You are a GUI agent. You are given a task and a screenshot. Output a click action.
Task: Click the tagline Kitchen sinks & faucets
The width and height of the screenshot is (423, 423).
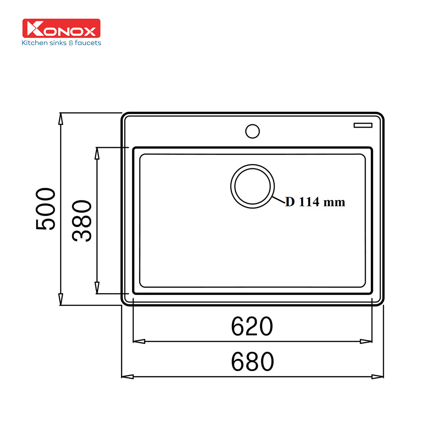pyautogui.click(x=61, y=43)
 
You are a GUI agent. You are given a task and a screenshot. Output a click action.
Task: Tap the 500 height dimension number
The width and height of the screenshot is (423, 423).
pyautogui.click(x=46, y=209)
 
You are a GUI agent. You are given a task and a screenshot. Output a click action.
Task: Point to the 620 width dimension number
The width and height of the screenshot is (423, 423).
pyautogui.click(x=252, y=326)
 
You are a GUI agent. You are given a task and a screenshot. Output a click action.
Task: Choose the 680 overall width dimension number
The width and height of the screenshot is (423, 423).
pyautogui.click(x=252, y=362)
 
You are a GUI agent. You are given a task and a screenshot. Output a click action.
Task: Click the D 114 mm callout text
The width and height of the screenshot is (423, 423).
pyautogui.click(x=315, y=202)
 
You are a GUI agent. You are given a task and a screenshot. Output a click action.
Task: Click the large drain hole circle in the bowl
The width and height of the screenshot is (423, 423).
pyautogui.click(x=252, y=186)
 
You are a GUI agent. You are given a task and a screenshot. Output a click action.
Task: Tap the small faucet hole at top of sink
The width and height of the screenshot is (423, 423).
pyautogui.click(x=252, y=131)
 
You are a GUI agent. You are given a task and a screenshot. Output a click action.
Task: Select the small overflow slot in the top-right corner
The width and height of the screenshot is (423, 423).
pyautogui.click(x=363, y=125)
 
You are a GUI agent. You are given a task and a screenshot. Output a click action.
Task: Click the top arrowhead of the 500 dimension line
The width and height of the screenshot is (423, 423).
pyautogui.click(x=61, y=119)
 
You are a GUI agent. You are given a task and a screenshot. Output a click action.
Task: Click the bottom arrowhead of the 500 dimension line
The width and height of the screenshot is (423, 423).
pyautogui.click(x=61, y=299)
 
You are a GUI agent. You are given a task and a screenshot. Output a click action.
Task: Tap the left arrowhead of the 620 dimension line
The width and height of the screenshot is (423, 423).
pyautogui.click(x=139, y=341)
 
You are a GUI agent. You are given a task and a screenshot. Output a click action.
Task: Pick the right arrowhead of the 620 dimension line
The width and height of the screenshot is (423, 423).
pyautogui.click(x=366, y=341)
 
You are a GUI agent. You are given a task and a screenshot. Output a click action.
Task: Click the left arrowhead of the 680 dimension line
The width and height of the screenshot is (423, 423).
pyautogui.click(x=127, y=376)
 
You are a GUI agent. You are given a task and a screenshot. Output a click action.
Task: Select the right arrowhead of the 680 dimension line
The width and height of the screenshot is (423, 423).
pyautogui.click(x=378, y=376)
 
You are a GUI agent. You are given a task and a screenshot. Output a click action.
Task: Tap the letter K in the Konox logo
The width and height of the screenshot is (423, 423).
pyautogui.click(x=35, y=29)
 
